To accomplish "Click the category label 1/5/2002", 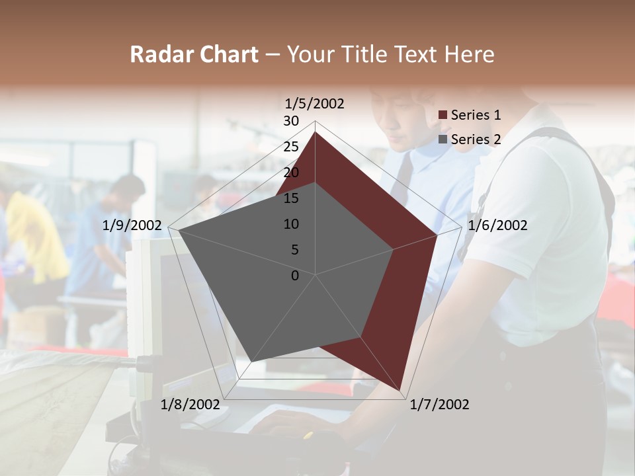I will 315,104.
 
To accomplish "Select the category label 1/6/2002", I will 497,225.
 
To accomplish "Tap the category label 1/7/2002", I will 439,405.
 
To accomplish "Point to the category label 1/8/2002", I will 190,405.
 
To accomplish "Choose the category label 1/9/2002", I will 132,225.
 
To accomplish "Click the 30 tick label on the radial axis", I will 291,121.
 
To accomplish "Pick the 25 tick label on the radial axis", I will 291,147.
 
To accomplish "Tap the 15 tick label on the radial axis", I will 291,198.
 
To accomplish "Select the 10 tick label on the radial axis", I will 291,224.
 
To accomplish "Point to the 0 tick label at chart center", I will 295,276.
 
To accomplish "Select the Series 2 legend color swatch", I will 443,139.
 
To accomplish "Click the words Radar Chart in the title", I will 194,54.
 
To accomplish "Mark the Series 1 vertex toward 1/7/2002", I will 400,390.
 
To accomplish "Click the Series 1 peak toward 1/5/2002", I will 315,132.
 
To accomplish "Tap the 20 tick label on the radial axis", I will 291,173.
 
